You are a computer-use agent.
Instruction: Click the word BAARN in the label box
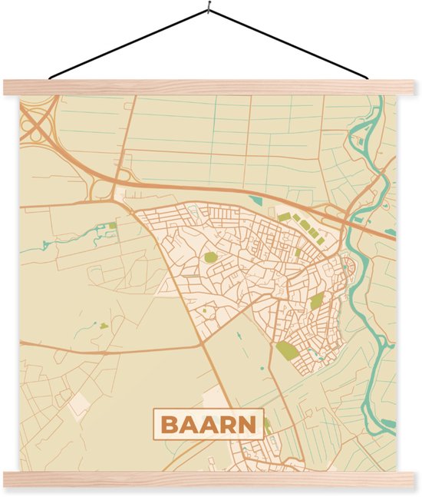pyautogui.click(x=209, y=423)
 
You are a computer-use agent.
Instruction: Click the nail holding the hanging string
pyautogui.click(x=208, y=10)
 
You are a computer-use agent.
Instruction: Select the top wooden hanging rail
pyautogui.click(x=210, y=87)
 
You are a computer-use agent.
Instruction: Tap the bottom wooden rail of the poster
pyautogui.click(x=210, y=480)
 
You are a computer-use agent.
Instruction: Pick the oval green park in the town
pyautogui.click(x=209, y=257)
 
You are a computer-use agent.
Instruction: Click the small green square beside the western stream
pyautogui.click(x=112, y=226)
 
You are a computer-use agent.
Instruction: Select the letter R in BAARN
pyautogui.click(x=229, y=424)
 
